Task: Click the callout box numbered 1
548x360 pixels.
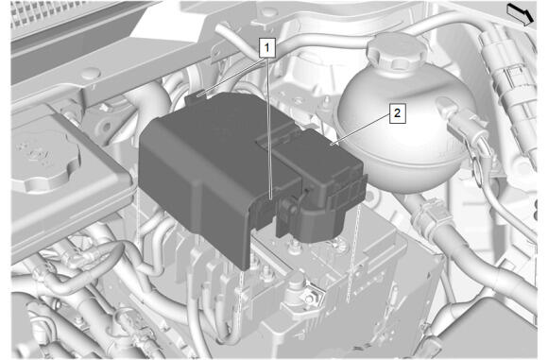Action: click(x=267, y=48)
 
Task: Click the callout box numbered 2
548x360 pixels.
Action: click(x=398, y=113)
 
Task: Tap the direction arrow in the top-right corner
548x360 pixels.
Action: click(x=521, y=14)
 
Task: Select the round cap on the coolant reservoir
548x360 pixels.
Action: click(x=397, y=51)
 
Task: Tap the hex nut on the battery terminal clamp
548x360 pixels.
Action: click(x=309, y=299)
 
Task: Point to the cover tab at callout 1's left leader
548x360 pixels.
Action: click(x=197, y=96)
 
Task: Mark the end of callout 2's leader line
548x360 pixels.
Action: click(x=334, y=144)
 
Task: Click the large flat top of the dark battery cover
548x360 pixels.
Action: click(x=216, y=134)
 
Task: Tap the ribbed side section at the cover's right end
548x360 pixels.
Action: click(x=347, y=192)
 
